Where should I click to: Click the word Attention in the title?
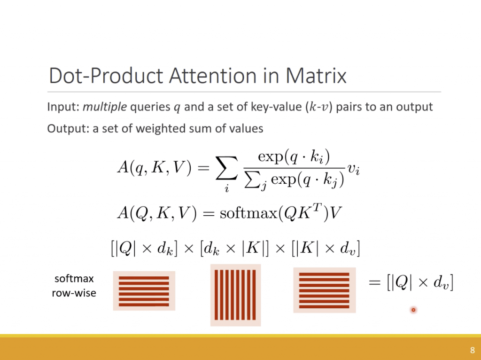(x=213, y=76)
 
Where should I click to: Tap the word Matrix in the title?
(x=316, y=76)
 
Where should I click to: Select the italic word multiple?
(x=105, y=107)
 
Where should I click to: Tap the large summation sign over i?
(x=227, y=168)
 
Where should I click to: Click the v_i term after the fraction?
(x=353, y=169)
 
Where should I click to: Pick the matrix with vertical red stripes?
(x=236, y=295)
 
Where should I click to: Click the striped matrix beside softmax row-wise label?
(x=144, y=291)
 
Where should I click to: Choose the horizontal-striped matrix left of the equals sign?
(x=325, y=290)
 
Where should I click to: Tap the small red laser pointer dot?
(x=413, y=310)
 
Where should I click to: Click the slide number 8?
(x=473, y=350)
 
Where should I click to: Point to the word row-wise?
(x=74, y=293)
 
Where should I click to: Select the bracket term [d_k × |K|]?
(x=234, y=248)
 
